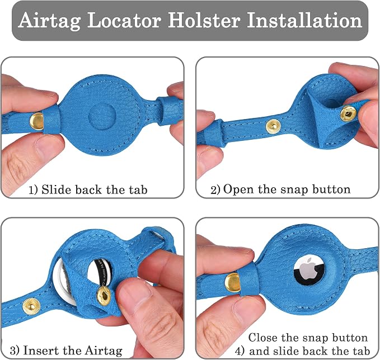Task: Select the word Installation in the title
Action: point(304,20)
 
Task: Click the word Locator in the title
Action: point(124,20)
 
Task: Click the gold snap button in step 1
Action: point(36,121)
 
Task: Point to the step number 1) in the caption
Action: point(33,190)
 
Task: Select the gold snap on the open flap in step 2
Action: point(349,113)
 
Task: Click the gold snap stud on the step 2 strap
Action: point(273,126)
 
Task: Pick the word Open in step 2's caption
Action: point(238,190)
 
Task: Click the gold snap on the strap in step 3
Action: point(31,306)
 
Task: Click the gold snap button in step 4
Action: point(233,282)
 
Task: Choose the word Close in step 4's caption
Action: point(262,338)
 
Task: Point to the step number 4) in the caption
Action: point(240,351)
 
